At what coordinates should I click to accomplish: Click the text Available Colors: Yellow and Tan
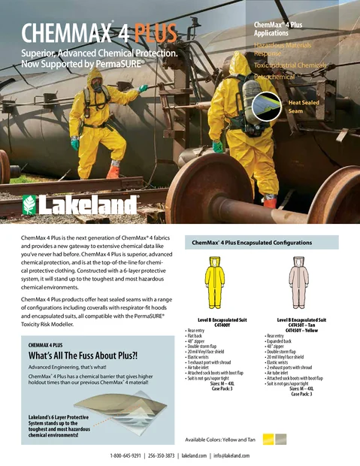219,440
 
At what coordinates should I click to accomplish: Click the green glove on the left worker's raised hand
143,88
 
